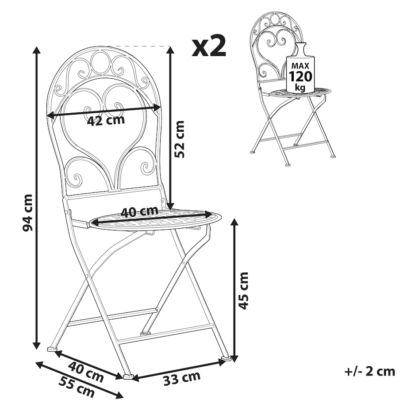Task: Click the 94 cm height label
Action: [27, 213]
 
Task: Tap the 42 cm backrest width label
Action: [106, 120]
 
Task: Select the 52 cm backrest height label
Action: [179, 139]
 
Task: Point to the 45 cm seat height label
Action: [243, 291]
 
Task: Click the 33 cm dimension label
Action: [182, 378]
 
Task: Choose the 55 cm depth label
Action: [76, 387]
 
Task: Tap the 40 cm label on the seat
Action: [140, 211]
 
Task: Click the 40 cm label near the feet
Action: [86, 372]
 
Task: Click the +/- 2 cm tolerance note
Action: [370, 372]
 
